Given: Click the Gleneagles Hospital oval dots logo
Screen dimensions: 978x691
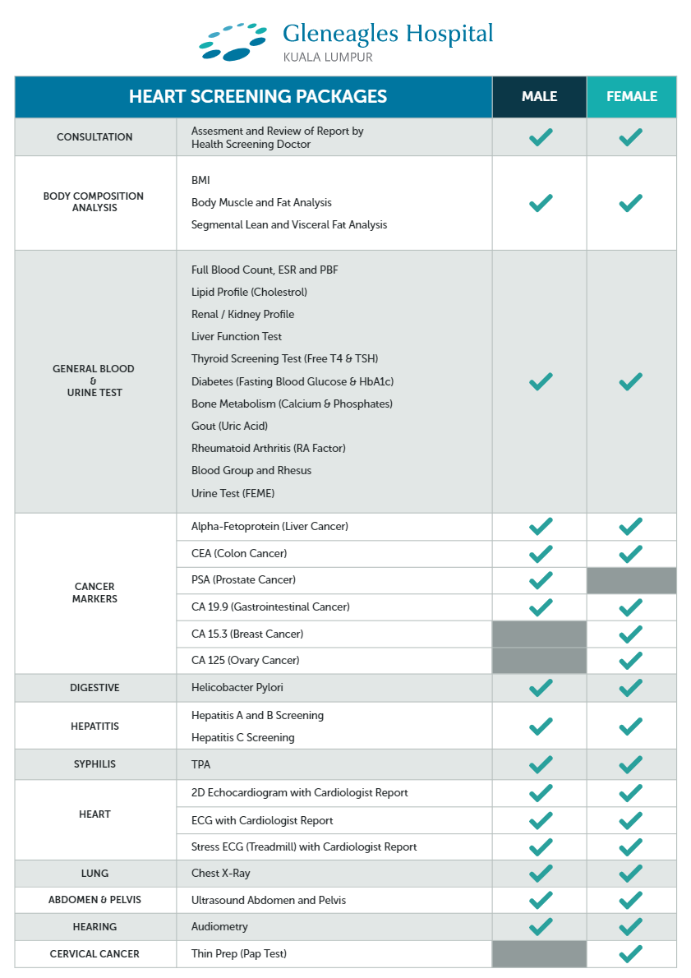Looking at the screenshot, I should point(233,41).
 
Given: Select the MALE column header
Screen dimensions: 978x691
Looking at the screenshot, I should point(539,96).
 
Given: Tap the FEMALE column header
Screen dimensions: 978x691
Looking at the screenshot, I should point(631,96).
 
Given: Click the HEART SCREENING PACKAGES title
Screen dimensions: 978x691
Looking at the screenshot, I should point(257,96).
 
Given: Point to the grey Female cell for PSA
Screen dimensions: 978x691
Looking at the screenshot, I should point(631,580).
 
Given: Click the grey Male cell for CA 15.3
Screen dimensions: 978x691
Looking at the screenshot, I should point(539,634).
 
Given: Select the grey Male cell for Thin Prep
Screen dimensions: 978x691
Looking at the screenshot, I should point(539,954).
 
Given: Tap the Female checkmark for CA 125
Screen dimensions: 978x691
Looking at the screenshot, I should point(630,660).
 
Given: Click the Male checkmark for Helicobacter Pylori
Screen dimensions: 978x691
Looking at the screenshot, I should point(540,687).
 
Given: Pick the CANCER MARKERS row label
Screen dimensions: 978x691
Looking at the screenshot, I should point(94,593).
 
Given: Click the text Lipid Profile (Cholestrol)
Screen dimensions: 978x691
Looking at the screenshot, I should point(249,292).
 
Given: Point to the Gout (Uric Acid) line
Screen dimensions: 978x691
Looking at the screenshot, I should point(229,426).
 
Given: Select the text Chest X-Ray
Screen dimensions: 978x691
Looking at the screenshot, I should point(220,874).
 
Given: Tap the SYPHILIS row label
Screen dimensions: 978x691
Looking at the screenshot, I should point(94,764).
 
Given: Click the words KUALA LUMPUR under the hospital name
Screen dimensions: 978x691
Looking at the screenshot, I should point(327,58).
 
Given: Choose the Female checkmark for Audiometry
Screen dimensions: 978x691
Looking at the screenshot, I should point(630,926).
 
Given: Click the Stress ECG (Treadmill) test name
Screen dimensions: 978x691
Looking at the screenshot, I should point(304,847).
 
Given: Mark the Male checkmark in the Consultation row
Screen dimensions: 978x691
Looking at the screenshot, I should point(540,137).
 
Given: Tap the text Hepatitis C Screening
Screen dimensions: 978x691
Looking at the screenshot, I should point(242,737).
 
